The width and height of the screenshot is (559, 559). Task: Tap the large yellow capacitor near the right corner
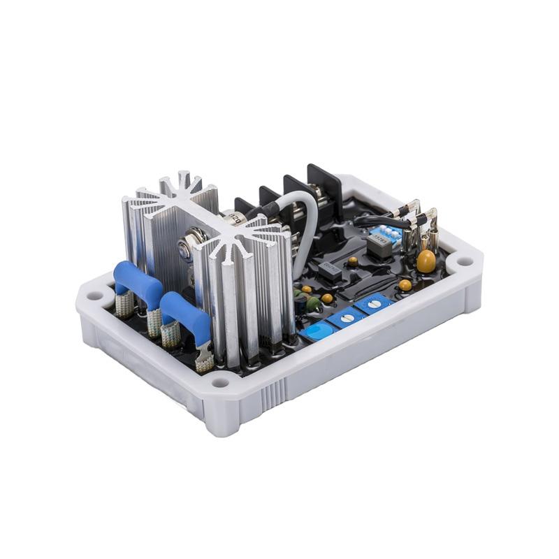click(x=426, y=261)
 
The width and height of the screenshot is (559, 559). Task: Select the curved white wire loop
click(x=307, y=231)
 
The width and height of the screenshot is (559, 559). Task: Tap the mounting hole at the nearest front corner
click(x=221, y=382)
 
